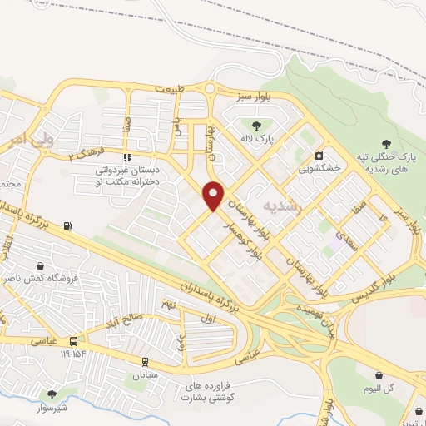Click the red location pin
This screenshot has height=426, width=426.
point(214,195)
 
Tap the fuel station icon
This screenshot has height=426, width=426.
point(67,225)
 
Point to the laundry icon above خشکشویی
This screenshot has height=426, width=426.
point(319,155)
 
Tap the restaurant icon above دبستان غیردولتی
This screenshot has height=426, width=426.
point(126,157)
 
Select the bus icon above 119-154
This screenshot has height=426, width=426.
point(74,341)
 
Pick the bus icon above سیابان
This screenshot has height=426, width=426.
point(145,361)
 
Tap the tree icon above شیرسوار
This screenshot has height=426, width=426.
point(52,394)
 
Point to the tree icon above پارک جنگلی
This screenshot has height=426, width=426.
point(384,145)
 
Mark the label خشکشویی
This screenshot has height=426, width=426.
point(321,167)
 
